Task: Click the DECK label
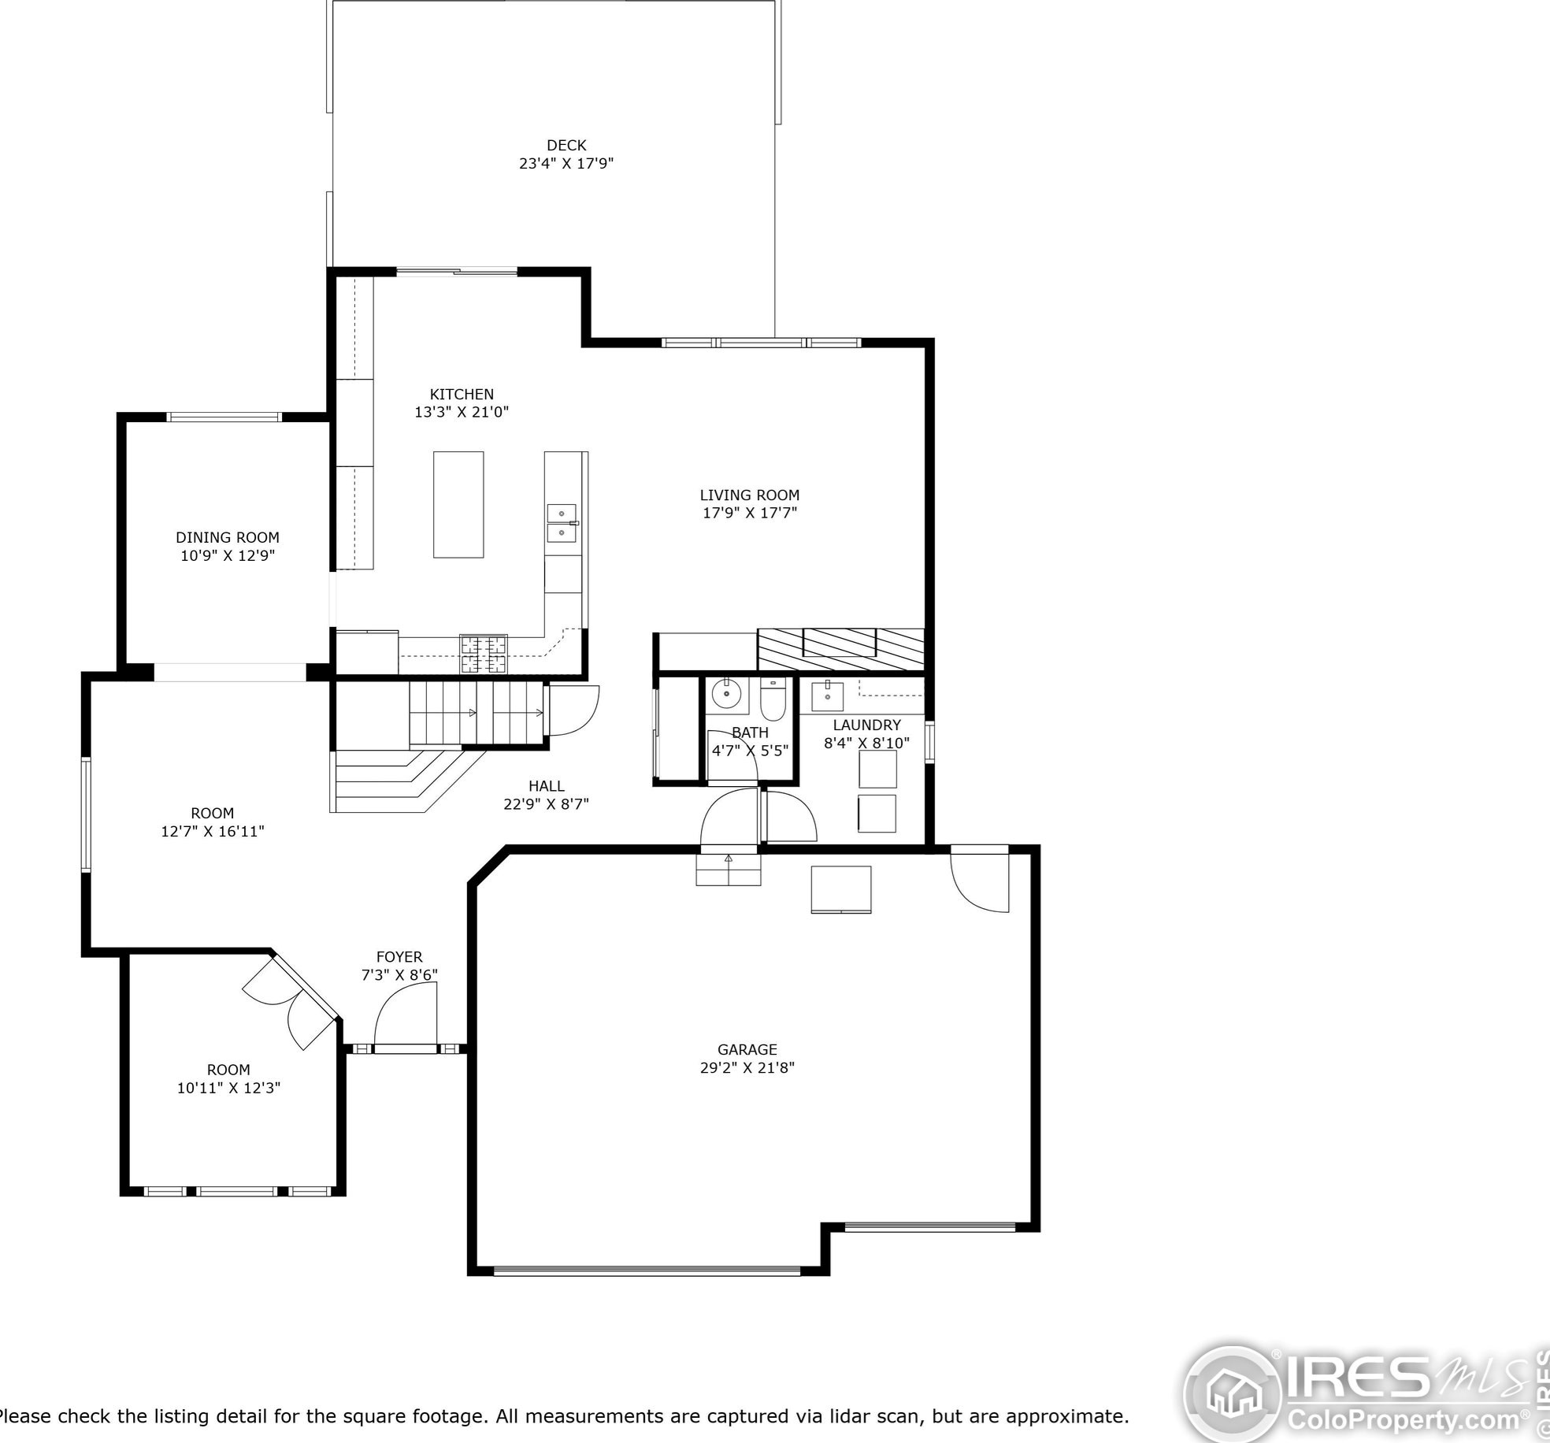pos(566,145)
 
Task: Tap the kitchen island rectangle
pos(458,504)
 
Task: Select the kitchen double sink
pos(562,524)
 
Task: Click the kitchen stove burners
pos(484,654)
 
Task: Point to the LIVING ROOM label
pos(750,495)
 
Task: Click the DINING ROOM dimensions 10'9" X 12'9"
pos(228,555)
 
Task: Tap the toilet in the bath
pos(773,699)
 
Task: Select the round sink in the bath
pos(726,695)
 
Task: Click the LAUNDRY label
pos(867,725)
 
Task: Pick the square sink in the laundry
pos(827,696)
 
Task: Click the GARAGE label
pos(747,1049)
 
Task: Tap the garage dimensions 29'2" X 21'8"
pos(747,1067)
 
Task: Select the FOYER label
pos(399,957)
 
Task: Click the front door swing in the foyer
pos(405,1016)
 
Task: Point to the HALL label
pos(547,786)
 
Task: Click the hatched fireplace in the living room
pos(840,649)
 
